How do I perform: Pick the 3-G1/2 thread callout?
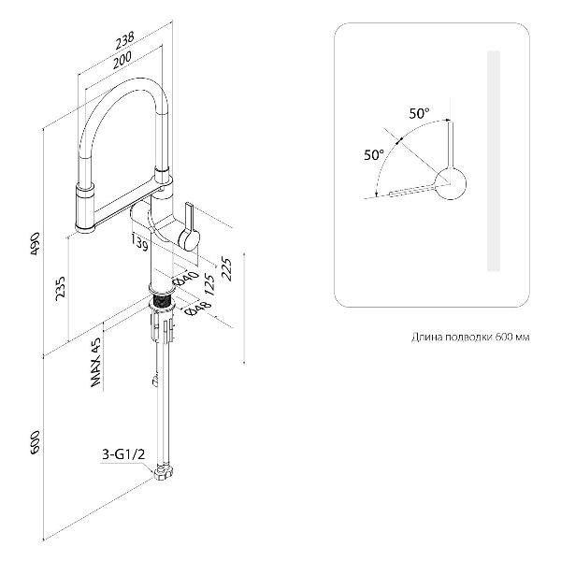[123, 455]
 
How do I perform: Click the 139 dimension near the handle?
[141, 246]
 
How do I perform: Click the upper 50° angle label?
[419, 113]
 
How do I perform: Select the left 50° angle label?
[374, 154]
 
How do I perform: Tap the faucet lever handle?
[190, 225]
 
